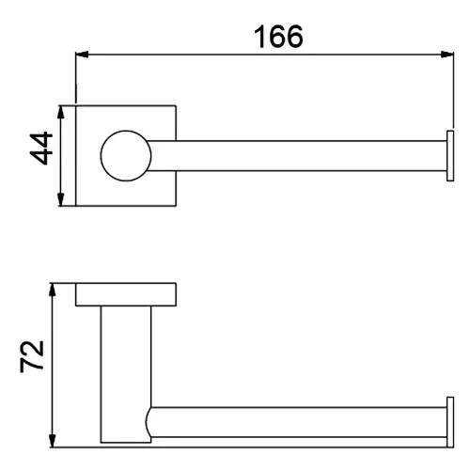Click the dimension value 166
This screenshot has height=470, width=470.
[x=278, y=37]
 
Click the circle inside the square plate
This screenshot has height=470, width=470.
[x=124, y=155]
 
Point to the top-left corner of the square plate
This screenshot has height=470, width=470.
[x=76, y=105]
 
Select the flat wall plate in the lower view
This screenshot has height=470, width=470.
[x=125, y=294]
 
